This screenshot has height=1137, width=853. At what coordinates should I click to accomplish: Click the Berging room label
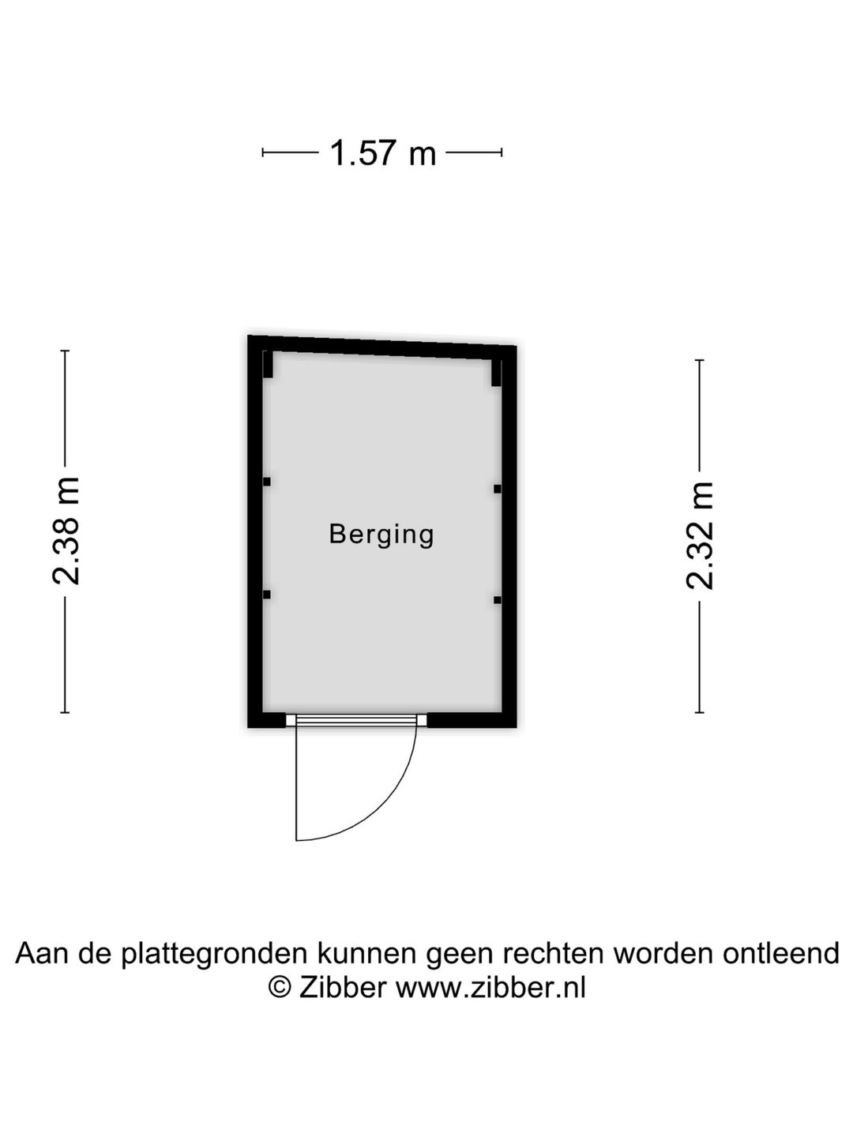click(x=381, y=535)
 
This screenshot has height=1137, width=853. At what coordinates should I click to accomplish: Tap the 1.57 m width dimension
click(x=383, y=153)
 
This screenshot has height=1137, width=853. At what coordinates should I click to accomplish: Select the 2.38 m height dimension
click(x=66, y=531)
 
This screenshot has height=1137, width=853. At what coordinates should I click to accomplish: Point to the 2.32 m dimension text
click(x=701, y=535)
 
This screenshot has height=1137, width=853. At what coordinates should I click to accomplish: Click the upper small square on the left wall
click(x=267, y=482)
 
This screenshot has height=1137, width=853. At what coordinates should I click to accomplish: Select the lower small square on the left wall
click(x=267, y=595)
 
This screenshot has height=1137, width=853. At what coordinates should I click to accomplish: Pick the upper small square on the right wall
click(x=498, y=489)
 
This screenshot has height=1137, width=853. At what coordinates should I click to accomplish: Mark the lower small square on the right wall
click(x=498, y=600)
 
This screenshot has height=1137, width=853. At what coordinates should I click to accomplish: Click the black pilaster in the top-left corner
click(x=268, y=365)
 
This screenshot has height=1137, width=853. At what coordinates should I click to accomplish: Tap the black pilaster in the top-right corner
click(x=496, y=373)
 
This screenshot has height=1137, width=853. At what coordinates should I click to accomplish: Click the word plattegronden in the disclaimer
click(x=214, y=954)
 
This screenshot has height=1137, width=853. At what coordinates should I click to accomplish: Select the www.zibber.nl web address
click(x=491, y=989)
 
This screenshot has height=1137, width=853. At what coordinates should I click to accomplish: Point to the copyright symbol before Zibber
click(x=279, y=989)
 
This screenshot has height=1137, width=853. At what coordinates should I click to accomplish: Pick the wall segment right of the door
click(x=472, y=720)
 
